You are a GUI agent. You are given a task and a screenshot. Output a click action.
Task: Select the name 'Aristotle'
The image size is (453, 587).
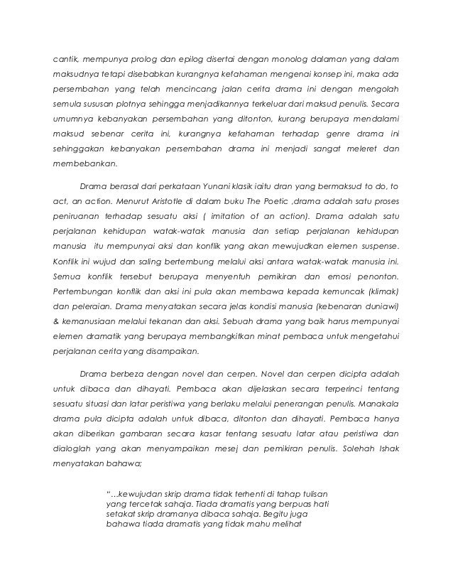[x=144, y=205]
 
